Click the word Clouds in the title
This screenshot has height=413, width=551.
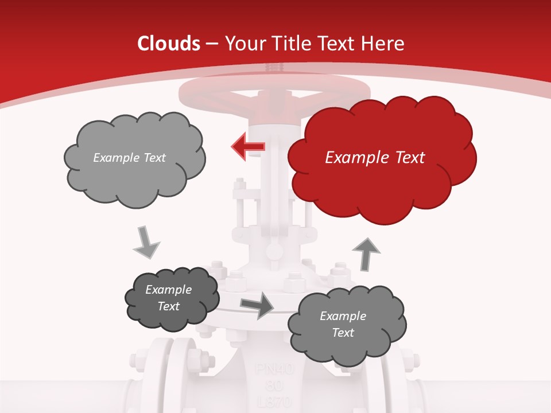click(169, 44)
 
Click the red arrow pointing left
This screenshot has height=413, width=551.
click(249, 147)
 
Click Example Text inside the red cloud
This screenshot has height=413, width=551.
click(375, 158)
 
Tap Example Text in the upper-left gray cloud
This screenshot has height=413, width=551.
click(129, 158)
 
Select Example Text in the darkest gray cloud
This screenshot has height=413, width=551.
click(169, 298)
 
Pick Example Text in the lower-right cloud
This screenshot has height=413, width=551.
click(343, 324)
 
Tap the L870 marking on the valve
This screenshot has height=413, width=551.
click(274, 401)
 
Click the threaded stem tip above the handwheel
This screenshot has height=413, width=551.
click(274, 68)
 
